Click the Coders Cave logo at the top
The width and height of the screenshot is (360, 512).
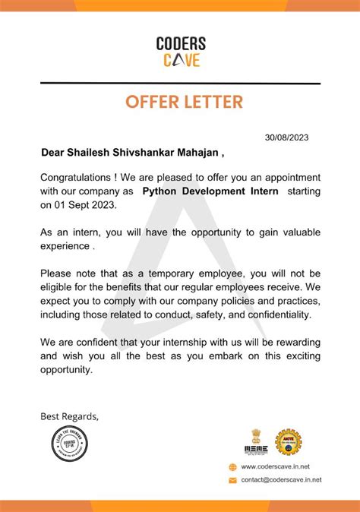pos(180,52)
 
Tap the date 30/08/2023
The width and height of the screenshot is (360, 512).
pos(287,137)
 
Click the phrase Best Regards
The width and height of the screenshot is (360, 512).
pos(69,416)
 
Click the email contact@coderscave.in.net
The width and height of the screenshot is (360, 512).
pos(281,480)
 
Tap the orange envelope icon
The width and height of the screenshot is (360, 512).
pos(233,480)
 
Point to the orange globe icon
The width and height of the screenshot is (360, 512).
pos(233,467)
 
